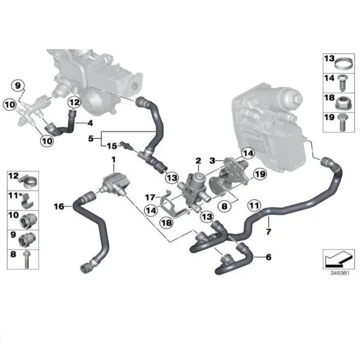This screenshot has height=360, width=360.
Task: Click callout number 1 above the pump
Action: click(113, 160)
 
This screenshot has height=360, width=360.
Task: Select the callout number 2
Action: click(197, 161)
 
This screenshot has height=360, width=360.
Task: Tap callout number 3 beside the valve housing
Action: click(211, 161)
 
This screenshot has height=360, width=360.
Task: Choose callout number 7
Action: click(268, 232)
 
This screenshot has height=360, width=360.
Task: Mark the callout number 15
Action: click(112, 146)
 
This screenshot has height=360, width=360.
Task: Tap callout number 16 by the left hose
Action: click(59, 206)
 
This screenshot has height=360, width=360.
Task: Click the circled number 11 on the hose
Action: click(254, 205)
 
